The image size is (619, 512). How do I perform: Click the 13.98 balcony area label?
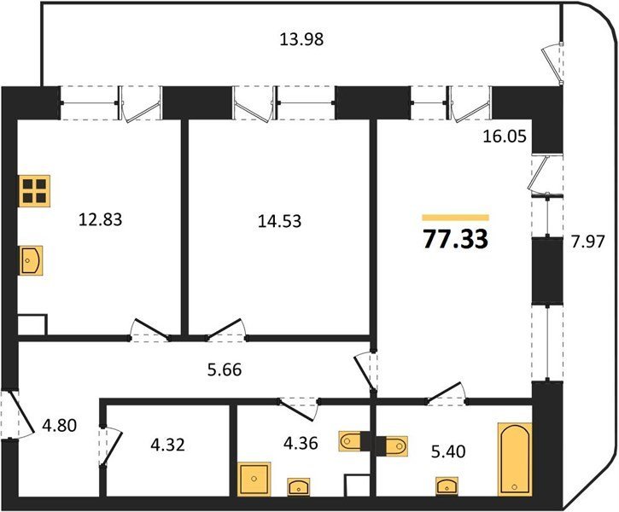click(x=301, y=39)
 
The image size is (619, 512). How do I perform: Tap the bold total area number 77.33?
click(x=456, y=240)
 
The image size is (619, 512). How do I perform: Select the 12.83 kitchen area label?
click(x=100, y=219)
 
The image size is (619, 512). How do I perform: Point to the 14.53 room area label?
click(x=279, y=221)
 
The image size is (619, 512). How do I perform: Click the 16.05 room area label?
click(x=505, y=137)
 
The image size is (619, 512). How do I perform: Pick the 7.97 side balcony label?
click(x=588, y=241)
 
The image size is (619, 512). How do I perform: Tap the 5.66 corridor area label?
click(x=225, y=369)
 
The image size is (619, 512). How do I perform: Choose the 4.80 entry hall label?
click(x=59, y=426)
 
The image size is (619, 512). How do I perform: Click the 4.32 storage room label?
click(x=168, y=445)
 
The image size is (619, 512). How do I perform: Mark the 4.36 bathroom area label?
click(x=301, y=443)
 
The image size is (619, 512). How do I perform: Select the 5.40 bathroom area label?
click(x=448, y=451)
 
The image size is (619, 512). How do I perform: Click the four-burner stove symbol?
click(x=34, y=191)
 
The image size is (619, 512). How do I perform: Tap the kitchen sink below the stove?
click(x=31, y=260)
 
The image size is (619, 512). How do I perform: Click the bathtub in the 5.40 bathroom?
click(x=515, y=459)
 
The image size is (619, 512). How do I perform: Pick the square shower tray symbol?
click(x=254, y=479)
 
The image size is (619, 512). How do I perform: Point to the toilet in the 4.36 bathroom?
click(x=350, y=440)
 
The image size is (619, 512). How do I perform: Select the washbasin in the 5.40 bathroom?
click(x=447, y=486)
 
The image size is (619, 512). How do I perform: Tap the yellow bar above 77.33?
click(x=456, y=218)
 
